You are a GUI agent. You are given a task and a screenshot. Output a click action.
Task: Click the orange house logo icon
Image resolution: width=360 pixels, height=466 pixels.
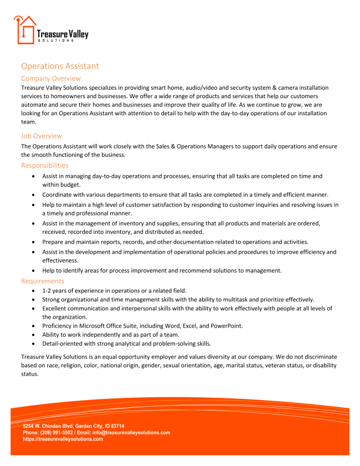tap(24, 30)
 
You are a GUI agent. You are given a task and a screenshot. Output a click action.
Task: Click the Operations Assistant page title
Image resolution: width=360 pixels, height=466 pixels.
tap(60, 66)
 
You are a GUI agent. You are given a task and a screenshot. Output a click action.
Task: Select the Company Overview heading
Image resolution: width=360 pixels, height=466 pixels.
tap(50, 79)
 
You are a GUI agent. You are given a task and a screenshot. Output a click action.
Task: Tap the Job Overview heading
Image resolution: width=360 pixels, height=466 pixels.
tap(42, 136)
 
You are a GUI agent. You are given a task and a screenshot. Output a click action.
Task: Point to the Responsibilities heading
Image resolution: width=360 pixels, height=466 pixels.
tap(45, 165)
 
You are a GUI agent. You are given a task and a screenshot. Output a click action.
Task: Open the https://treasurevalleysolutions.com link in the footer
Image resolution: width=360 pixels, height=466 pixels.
tap(63, 439)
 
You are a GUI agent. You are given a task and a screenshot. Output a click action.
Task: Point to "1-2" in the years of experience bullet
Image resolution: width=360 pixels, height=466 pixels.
tap(47, 290)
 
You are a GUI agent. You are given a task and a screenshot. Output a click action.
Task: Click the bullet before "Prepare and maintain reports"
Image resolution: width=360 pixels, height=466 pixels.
tap(35, 242)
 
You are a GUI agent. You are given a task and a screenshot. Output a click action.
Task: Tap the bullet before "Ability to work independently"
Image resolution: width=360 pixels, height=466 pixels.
tap(35, 335)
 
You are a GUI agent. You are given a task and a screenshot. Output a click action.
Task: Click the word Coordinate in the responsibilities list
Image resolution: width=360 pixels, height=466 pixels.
tap(60, 194)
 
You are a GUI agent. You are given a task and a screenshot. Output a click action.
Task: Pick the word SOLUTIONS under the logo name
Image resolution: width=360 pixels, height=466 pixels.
tap(55, 40)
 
